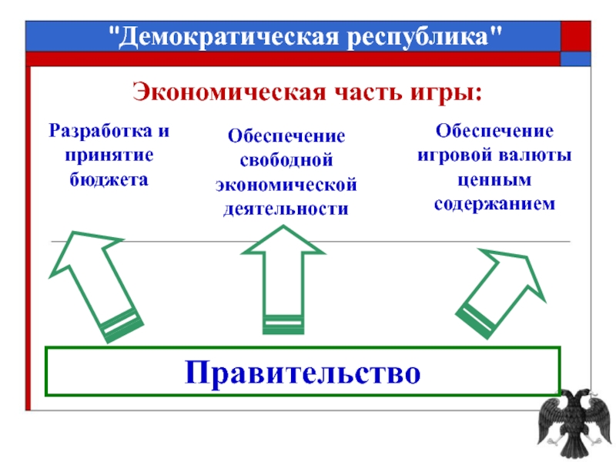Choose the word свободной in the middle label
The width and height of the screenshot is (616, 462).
coord(286,160)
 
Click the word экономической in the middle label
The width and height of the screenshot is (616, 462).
coord(286,185)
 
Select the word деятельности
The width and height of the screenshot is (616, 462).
coord(286,209)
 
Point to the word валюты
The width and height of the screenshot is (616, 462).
coord(537,155)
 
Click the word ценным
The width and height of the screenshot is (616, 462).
coord(494,179)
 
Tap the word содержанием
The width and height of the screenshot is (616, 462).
coord(494,204)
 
